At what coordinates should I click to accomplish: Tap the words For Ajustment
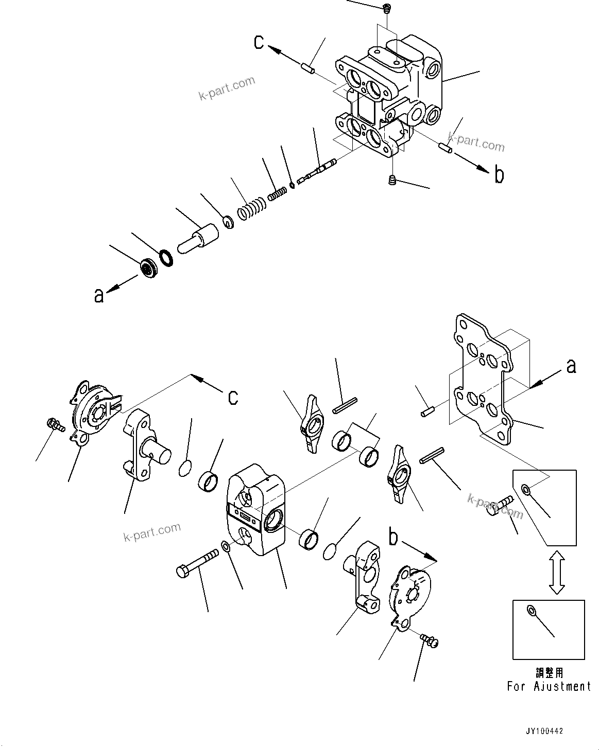[x=549, y=686]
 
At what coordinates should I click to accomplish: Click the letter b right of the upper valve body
[x=499, y=175]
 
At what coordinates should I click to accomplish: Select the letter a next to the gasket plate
[x=571, y=366]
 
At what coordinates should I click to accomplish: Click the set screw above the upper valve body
[x=387, y=8]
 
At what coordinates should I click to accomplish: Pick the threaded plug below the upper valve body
[x=392, y=180]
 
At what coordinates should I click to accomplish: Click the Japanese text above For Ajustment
[x=549, y=672]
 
